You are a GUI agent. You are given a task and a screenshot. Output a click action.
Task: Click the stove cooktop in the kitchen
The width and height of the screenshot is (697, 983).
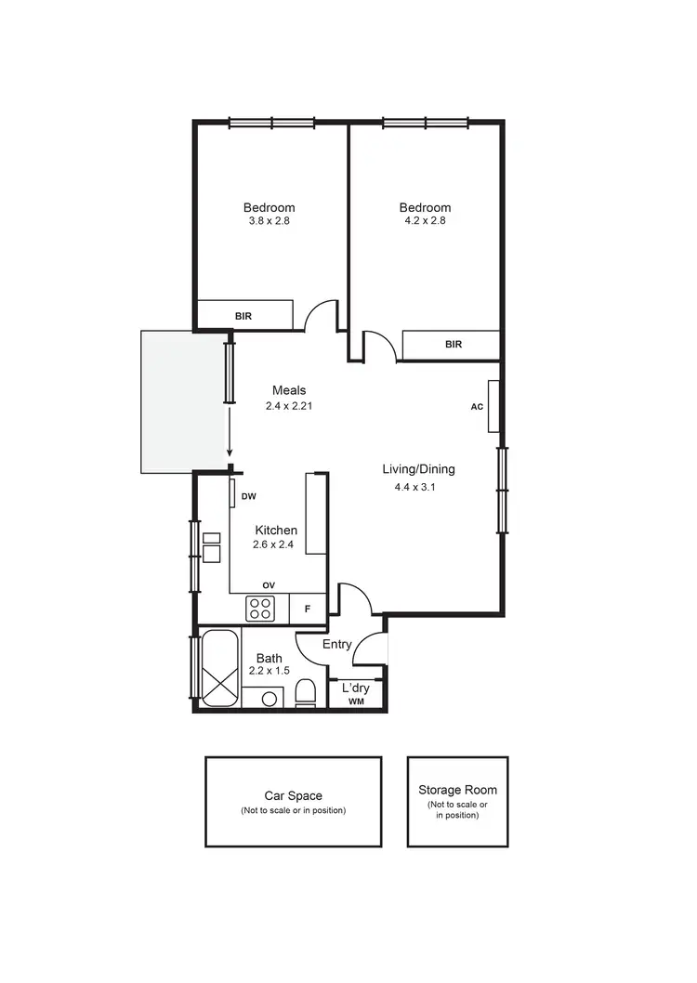(x=260, y=609)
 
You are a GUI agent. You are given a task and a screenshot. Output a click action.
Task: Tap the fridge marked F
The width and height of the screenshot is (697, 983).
(x=308, y=609)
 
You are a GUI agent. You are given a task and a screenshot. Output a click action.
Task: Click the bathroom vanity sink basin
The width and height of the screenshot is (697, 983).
(x=270, y=698)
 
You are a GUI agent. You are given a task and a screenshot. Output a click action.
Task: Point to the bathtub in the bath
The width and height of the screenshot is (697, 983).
(x=220, y=670)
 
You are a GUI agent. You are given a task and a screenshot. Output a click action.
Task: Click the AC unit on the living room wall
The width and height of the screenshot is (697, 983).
(x=493, y=407)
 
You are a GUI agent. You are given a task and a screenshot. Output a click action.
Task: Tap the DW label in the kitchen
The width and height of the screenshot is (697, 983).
(x=248, y=497)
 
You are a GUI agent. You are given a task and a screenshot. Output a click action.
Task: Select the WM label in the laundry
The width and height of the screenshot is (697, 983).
(x=356, y=702)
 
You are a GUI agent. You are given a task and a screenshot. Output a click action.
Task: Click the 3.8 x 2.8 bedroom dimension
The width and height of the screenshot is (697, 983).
(x=269, y=221)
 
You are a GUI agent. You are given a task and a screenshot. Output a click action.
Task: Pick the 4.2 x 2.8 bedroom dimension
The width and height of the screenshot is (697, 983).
(x=425, y=221)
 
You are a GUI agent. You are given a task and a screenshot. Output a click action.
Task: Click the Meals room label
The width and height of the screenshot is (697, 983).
(x=289, y=390)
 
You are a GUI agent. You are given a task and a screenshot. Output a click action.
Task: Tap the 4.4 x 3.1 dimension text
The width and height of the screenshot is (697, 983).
(x=410, y=487)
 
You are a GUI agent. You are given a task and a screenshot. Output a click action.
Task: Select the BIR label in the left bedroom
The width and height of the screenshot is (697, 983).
(x=243, y=316)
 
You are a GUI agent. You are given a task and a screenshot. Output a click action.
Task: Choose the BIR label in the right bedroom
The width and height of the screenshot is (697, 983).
(x=454, y=345)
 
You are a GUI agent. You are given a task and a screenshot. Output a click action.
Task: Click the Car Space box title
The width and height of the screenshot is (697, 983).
(x=293, y=796)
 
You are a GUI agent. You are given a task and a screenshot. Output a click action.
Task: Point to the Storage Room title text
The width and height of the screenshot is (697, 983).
(x=456, y=790)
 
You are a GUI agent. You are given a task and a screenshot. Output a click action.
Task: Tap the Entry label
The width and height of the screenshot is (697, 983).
(x=336, y=644)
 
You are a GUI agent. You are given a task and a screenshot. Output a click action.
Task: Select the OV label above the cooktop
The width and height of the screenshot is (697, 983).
(x=269, y=584)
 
